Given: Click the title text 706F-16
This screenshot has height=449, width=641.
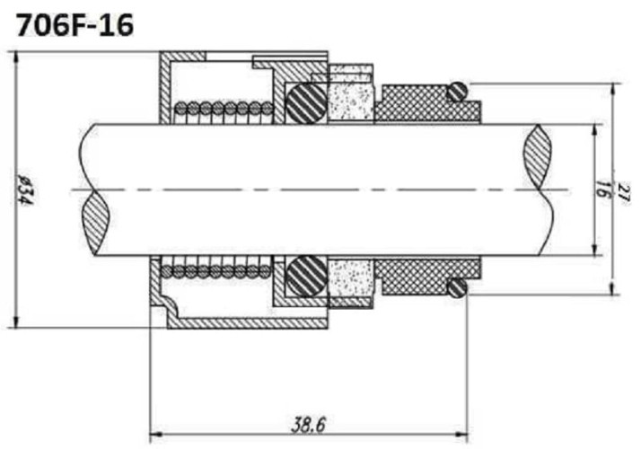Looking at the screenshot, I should [75, 24].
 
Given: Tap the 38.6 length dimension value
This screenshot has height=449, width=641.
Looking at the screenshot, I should [308, 424].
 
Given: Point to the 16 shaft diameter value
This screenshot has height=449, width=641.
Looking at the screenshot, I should [602, 189].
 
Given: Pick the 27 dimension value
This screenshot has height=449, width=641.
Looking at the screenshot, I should [622, 189].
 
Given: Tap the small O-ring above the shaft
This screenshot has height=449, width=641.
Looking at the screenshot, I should [457, 91].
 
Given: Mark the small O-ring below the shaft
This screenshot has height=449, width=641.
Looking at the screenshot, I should [457, 287].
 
